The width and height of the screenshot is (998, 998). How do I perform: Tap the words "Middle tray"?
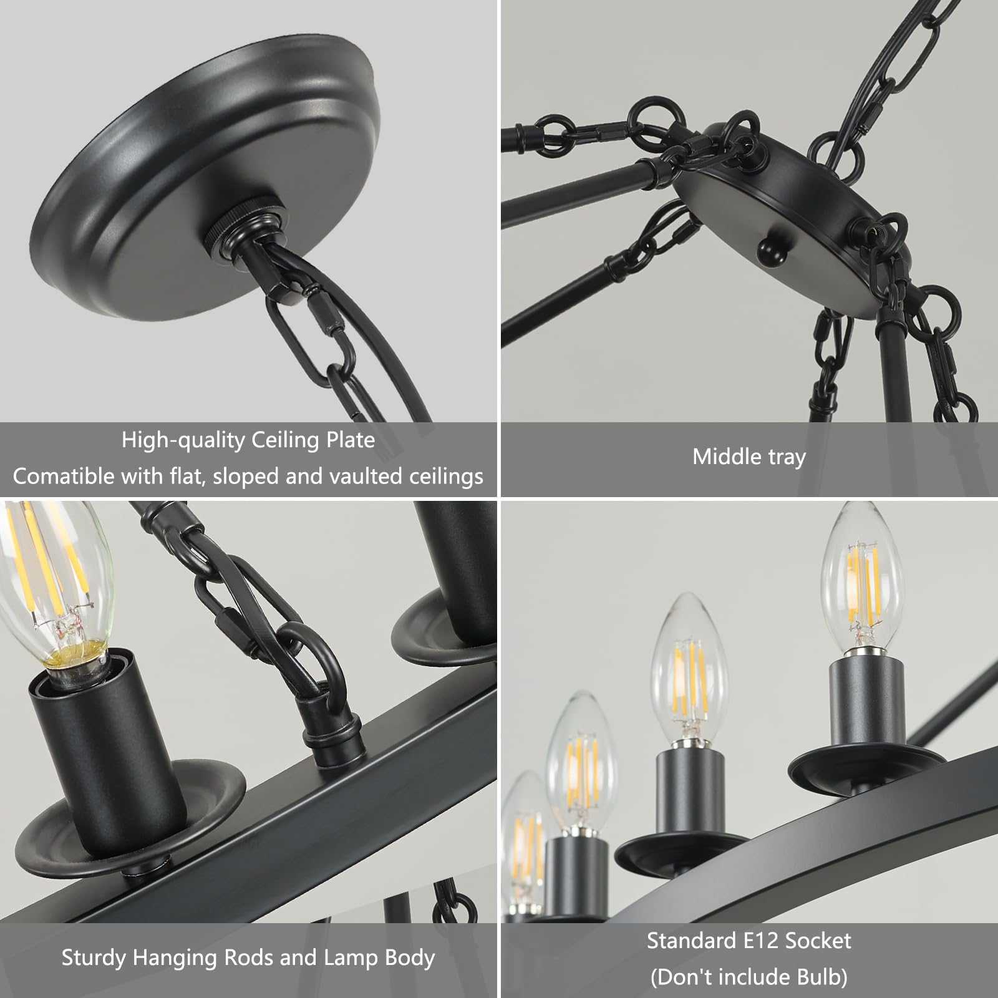tap(749, 457)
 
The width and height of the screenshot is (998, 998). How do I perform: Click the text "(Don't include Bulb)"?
tap(748, 976)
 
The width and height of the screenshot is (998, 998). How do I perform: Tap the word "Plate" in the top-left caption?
tap(351, 440)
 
